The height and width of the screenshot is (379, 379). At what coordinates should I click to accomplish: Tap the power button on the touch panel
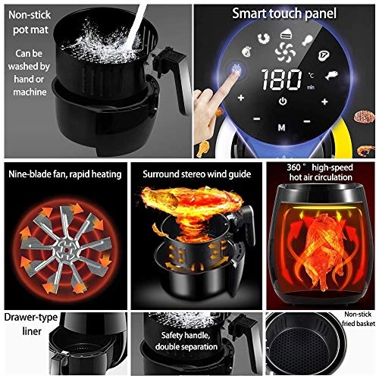[282, 102]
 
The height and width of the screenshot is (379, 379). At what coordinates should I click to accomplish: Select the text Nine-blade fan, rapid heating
[64, 174]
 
